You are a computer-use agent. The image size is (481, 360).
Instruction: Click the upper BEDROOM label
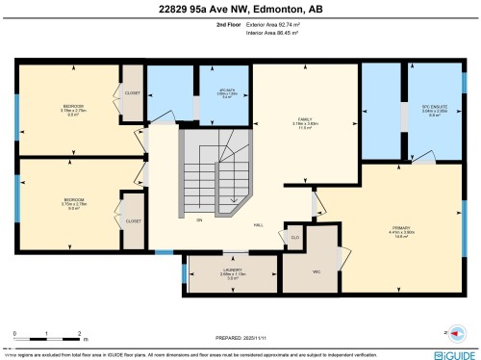click(73, 106)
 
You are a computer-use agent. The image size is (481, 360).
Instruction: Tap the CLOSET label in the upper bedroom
click(130, 93)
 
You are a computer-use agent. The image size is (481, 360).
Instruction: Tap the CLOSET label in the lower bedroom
click(132, 220)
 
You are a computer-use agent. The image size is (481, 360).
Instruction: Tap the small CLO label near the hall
click(295, 237)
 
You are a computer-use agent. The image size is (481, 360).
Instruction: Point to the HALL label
click(259, 224)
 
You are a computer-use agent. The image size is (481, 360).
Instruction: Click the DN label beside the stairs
click(199, 220)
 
